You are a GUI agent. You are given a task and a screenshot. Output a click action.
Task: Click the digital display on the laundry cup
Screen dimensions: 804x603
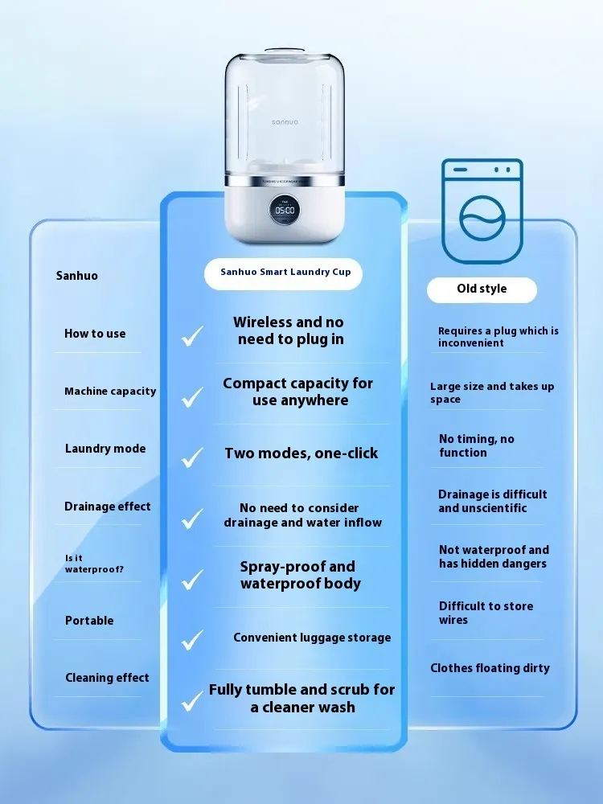285,210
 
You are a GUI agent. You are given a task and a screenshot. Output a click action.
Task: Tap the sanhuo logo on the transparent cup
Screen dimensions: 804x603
283,121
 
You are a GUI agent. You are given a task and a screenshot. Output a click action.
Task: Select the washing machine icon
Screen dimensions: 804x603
482,211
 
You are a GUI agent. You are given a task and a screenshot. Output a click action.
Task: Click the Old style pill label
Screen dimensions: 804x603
482,289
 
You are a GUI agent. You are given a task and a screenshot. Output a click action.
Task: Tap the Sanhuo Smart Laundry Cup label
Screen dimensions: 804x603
285,273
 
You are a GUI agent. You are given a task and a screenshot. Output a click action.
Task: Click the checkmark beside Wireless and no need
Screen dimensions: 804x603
192,335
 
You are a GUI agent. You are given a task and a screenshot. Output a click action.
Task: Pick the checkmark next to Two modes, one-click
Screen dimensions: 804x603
192,457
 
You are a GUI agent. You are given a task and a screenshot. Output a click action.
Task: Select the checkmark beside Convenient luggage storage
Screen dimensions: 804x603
192,640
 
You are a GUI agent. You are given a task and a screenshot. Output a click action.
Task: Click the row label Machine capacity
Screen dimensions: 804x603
110,392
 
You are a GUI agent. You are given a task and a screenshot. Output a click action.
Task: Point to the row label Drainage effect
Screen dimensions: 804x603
108,507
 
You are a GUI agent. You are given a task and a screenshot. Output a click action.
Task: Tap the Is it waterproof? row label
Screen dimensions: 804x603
94,564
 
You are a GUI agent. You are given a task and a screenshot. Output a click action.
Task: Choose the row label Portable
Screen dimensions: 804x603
89,621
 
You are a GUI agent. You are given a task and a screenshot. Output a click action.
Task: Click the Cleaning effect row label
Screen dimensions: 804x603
107,678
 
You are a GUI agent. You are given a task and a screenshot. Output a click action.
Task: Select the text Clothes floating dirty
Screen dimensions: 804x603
490,668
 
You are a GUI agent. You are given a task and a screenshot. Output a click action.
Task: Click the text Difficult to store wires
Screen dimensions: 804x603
486,613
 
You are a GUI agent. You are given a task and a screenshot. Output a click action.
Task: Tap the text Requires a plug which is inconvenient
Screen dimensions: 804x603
498,337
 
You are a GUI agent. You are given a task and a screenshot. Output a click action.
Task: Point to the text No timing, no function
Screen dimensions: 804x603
476,445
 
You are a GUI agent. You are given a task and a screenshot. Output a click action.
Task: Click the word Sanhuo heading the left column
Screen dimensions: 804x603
77,276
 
